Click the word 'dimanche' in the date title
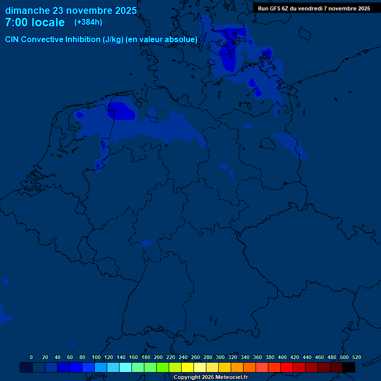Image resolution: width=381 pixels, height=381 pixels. [x=27, y=10]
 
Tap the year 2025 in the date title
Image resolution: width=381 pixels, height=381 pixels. [x=123, y=10]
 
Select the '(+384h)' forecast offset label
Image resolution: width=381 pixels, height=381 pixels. [x=88, y=22]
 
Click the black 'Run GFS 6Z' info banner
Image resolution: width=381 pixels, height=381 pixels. [x=314, y=8]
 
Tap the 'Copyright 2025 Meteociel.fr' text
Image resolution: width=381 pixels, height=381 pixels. [x=210, y=378]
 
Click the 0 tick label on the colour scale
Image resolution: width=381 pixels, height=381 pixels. [x=31, y=357]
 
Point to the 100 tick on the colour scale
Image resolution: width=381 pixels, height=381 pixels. [x=96, y=357]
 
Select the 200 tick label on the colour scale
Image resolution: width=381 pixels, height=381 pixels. [x=158, y=357]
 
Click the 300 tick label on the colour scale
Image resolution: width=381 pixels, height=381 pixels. [x=220, y=357]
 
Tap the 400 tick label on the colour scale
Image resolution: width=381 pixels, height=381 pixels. [x=282, y=357]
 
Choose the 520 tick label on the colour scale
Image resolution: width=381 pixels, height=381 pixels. [x=356, y=357]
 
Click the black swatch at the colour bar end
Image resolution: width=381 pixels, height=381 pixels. [x=349, y=367]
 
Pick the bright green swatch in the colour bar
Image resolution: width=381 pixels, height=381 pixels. [x=163, y=367]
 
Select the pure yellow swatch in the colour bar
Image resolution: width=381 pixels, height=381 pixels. [x=188, y=367]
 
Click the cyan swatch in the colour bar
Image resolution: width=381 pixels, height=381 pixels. [x=126, y=367]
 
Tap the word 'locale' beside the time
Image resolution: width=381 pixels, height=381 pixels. [x=48, y=22]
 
